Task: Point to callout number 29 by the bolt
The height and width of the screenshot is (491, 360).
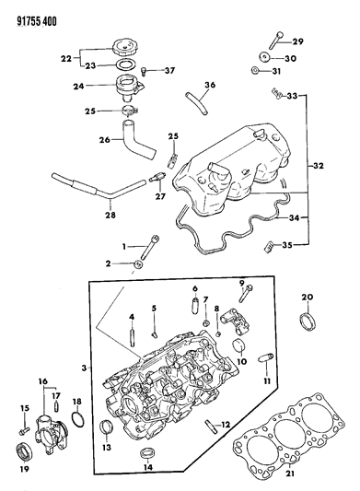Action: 297,41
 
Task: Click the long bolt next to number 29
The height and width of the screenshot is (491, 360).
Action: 277,39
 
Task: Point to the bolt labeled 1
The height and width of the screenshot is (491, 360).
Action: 149,248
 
